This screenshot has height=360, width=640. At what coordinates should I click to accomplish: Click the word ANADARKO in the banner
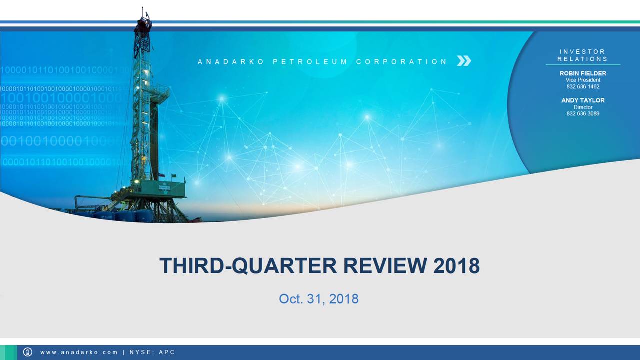tap(231, 62)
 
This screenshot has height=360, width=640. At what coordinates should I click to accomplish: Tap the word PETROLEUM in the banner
tap(310, 62)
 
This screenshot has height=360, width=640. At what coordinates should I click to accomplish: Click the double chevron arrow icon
tap(464, 61)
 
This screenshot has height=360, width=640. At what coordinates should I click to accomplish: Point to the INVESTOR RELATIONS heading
tap(582, 55)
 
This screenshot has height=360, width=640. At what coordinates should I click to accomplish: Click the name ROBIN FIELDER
tap(583, 73)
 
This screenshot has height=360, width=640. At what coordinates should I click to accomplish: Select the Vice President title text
tap(583, 80)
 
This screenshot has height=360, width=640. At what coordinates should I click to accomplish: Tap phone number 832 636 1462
tap(583, 87)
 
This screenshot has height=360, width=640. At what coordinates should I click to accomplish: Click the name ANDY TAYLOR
tap(583, 100)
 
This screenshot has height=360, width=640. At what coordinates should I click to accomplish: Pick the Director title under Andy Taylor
tap(583, 107)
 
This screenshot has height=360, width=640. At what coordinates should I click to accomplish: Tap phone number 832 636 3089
tap(583, 114)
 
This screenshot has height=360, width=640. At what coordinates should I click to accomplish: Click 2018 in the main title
tap(456, 266)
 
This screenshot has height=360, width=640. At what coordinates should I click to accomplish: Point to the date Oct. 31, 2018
tap(319, 299)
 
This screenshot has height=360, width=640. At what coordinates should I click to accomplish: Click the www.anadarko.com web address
tap(79, 352)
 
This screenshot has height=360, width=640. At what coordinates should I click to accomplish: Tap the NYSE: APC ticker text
tap(152, 352)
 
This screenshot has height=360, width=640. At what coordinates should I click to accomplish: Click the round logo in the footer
tap(28, 352)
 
